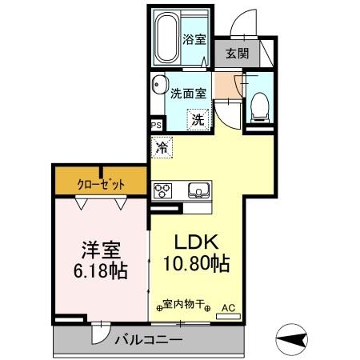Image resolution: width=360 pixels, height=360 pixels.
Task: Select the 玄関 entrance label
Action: (235, 54)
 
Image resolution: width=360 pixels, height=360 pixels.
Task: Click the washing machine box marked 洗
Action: (197, 119)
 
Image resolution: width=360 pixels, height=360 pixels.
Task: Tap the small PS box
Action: (156, 126)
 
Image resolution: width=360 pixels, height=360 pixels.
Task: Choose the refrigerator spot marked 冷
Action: (161, 146)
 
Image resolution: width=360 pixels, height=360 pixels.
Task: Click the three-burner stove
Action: (163, 190)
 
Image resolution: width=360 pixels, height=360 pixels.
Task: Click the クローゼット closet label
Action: (101, 184)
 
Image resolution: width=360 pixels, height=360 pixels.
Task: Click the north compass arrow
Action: (293, 340)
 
